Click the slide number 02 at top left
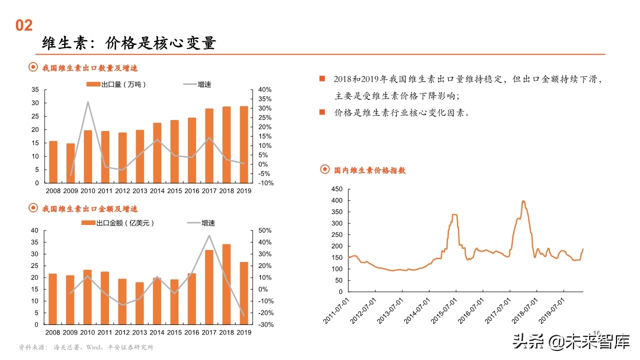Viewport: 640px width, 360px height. click(24, 25)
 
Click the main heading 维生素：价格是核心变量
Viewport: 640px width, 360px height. click(128, 43)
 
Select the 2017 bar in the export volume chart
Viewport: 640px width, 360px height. click(209, 145)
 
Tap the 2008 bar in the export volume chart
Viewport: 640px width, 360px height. click(53, 162)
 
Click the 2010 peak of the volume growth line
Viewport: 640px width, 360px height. click(88, 102)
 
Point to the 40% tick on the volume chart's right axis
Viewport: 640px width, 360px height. click(265, 89)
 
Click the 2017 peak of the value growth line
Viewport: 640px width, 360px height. click(209, 235)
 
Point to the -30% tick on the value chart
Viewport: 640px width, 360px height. click(265, 324)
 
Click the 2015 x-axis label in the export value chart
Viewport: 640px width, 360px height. click(174, 332)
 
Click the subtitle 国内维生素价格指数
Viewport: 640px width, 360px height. click(369, 170)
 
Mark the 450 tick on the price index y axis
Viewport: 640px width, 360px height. click(336, 189)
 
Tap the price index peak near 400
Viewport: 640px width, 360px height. click(523, 201)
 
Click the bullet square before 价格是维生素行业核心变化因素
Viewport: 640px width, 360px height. click(322, 112)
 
